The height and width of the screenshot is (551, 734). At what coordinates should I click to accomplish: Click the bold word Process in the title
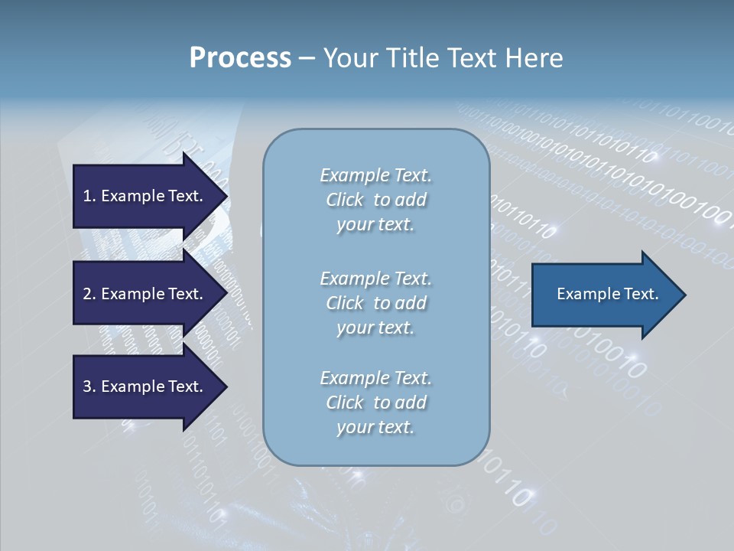click(x=240, y=58)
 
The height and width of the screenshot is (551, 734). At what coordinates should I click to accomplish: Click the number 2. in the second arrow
click(x=89, y=294)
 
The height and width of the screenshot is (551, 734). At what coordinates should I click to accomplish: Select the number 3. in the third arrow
click(x=89, y=386)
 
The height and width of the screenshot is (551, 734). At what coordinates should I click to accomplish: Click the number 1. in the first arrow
click(x=89, y=196)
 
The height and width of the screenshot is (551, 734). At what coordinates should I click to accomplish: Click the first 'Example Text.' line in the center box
click(x=375, y=175)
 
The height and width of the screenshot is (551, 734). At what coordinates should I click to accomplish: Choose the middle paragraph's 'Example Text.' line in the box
click(x=375, y=278)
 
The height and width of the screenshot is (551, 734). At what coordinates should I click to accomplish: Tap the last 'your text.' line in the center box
click(x=375, y=427)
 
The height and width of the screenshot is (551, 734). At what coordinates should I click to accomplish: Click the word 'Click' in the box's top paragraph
click(x=345, y=200)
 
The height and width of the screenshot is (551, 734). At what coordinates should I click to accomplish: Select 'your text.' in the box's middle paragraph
click(x=375, y=328)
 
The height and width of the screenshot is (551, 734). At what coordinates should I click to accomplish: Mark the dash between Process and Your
click(x=307, y=58)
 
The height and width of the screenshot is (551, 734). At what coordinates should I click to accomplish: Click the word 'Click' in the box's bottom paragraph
click(x=345, y=403)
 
